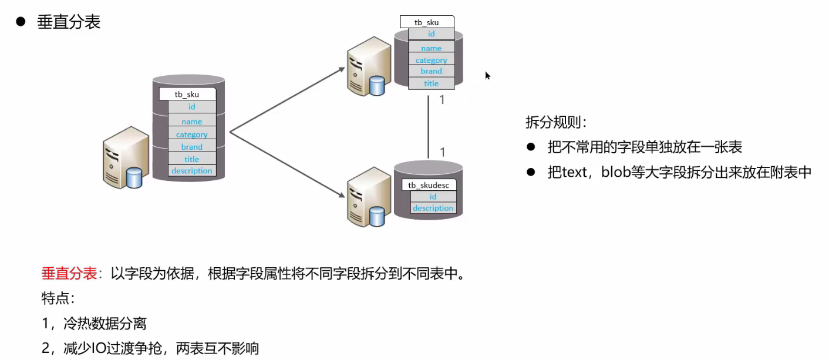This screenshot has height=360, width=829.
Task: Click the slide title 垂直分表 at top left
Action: tap(69, 22)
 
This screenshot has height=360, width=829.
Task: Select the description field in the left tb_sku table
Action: tap(191, 171)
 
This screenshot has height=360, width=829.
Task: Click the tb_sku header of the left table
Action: tap(187, 94)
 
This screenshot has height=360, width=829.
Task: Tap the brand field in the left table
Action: tap(191, 147)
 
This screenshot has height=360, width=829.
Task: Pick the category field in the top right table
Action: tap(431, 60)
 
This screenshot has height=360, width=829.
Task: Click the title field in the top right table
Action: tap(431, 83)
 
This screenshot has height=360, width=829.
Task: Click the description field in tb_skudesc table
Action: tap(433, 208)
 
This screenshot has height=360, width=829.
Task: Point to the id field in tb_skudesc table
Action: tap(433, 197)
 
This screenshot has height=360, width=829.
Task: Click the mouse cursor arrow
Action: tap(487, 75)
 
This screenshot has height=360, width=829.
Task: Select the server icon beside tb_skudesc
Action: tap(368, 197)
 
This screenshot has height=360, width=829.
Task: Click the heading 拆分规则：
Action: tap(555, 123)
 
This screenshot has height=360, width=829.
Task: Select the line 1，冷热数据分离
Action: tap(94, 323)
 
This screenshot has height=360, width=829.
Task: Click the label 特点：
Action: tap(58, 298)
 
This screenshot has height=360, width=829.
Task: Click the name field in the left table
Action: tap(191, 122)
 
